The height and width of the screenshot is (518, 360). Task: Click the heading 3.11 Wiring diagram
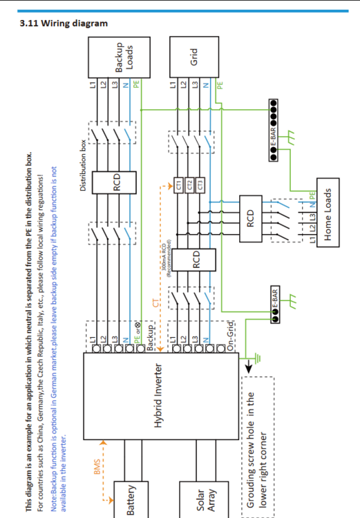65,23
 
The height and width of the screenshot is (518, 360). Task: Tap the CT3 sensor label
201,185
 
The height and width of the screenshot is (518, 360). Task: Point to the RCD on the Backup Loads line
117,181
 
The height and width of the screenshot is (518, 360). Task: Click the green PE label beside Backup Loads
137,85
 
